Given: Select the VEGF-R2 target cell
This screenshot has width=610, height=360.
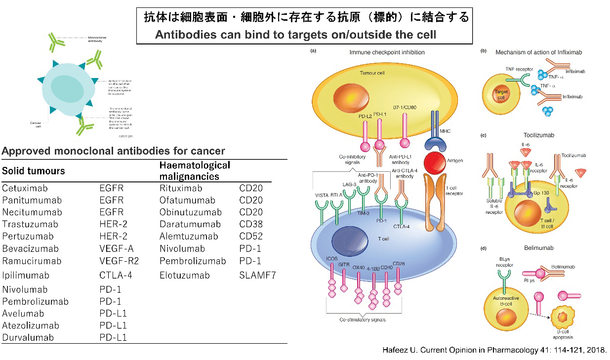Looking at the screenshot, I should point(119,261).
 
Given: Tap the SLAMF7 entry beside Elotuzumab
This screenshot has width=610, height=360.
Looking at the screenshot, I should point(257,275).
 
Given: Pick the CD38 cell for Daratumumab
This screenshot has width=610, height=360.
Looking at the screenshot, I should point(250,224).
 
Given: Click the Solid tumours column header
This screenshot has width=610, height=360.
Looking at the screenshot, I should point(34,171).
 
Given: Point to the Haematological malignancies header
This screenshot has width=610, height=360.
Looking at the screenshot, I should point(195,170).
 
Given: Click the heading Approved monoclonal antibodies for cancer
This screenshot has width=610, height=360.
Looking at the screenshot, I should point(113,151).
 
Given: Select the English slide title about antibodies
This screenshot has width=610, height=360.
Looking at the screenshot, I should point(295,35).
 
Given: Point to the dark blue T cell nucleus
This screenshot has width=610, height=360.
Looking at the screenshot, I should point(350,240).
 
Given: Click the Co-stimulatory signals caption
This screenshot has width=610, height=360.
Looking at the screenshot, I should point(362,320).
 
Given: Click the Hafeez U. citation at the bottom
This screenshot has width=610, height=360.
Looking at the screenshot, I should point(494,350).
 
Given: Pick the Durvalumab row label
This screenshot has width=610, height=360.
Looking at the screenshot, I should point(28,338).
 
